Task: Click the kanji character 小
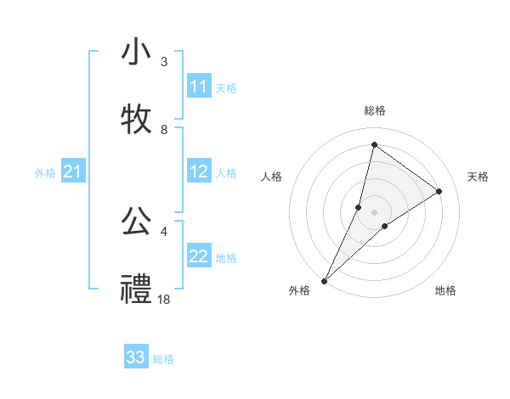[x=136, y=52]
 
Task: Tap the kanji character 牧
[x=136, y=119]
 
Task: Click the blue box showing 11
[x=199, y=87]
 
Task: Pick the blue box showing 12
[x=199, y=172]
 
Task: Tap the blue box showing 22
[x=199, y=257]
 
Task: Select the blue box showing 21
[x=72, y=172]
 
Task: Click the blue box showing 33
[x=136, y=357]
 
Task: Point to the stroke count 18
[x=164, y=299]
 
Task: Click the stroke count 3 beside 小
[x=164, y=61]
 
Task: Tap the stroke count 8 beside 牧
[x=164, y=129]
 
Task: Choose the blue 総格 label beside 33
[x=163, y=359]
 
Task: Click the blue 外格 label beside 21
[x=45, y=173]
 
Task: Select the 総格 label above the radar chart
[x=374, y=110]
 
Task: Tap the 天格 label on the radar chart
[x=478, y=177]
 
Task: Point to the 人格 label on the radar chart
[x=271, y=177]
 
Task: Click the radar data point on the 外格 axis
[x=324, y=280]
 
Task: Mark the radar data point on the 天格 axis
[x=439, y=191]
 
